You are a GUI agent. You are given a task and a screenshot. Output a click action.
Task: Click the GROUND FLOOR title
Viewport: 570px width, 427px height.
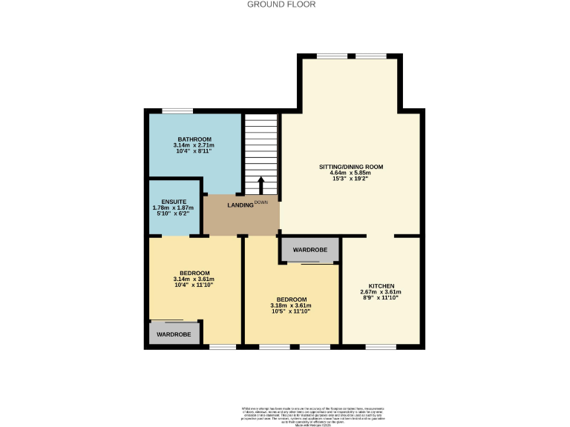[x=281, y=4]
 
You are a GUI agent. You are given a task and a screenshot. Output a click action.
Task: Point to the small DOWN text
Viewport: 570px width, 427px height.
[x=261, y=202]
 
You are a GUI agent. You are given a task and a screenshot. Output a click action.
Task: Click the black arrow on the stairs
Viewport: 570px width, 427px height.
[x=261, y=185]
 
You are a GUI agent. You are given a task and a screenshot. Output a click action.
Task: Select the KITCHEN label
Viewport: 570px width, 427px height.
[x=381, y=285]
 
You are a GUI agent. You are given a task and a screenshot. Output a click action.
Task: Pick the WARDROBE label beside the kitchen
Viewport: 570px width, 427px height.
[x=309, y=250]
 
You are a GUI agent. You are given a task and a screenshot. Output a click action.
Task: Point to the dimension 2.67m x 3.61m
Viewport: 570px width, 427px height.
[x=381, y=292]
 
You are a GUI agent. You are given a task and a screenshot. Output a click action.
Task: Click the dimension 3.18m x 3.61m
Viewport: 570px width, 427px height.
[x=291, y=305]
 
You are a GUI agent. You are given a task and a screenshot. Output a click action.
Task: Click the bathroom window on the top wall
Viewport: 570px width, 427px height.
[x=178, y=111]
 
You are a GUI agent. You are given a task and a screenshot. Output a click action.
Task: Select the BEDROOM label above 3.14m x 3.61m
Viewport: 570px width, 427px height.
[x=194, y=272]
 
